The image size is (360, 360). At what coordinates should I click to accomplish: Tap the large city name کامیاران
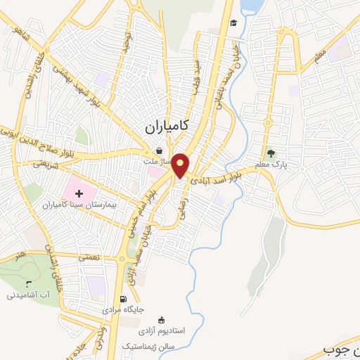point(167,127)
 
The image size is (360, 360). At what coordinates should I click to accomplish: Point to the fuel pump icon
point(124,298)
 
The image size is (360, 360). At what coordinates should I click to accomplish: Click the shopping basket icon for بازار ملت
point(160,150)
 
